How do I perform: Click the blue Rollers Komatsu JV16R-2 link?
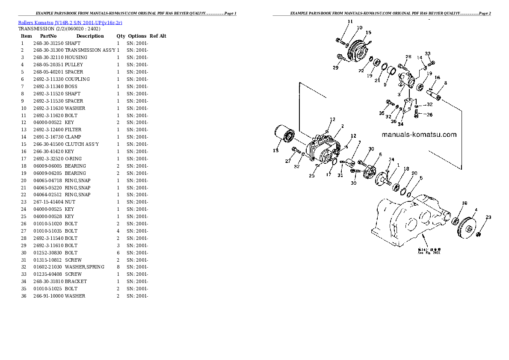[70, 22]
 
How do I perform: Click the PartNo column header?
[47, 36]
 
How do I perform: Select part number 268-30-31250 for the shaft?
[48, 43]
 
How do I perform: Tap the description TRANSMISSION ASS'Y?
[90, 50]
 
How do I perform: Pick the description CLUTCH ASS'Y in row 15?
[82, 144]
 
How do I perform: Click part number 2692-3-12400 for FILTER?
[48, 130]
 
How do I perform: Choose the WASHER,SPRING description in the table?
[84, 267]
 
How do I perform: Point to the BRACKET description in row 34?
[76, 281]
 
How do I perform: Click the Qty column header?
[121, 36]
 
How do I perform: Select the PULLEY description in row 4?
[74, 65]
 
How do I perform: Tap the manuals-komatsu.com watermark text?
[419, 135]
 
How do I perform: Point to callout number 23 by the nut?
[488, 217]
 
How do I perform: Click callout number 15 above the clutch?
[368, 32]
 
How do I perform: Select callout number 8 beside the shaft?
[445, 83]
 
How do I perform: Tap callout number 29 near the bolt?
[336, 68]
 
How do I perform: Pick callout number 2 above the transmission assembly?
[342, 126]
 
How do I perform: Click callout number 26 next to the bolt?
[429, 114]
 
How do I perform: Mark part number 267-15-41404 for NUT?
[48, 202]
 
